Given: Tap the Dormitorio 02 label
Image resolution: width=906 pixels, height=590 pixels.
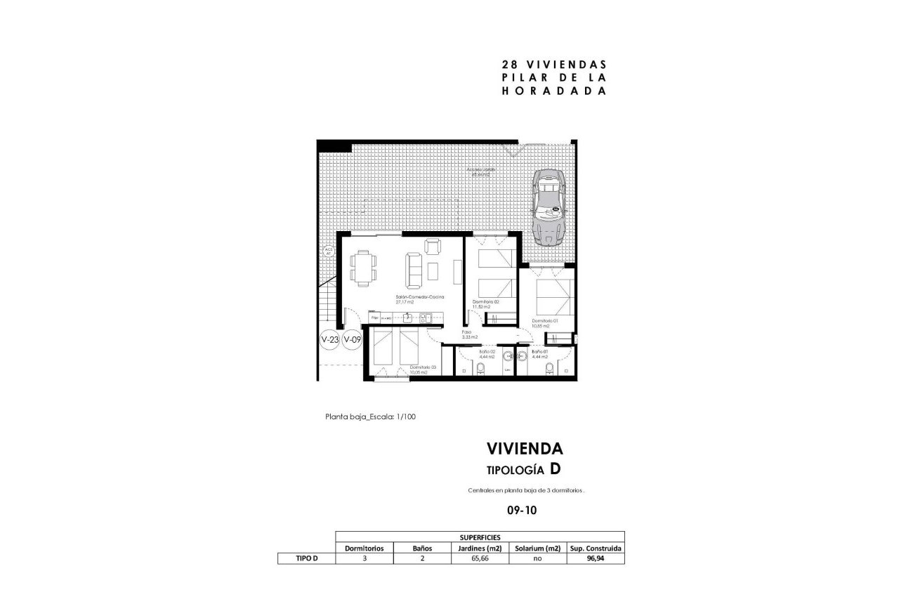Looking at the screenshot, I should [x=485, y=304].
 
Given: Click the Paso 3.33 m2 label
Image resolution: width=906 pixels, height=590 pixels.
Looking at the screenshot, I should [x=468, y=336].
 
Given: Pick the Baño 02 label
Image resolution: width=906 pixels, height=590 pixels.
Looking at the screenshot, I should [x=487, y=353].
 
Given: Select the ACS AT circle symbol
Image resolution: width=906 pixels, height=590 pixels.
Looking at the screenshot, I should [x=328, y=252].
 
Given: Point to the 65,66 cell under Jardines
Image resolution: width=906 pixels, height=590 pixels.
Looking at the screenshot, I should [x=479, y=559].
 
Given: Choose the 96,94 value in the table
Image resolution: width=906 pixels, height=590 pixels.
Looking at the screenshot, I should [x=595, y=559].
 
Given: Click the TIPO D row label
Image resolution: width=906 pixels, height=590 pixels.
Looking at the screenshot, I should [x=306, y=559].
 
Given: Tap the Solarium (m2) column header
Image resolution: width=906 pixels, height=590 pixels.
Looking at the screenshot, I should [x=537, y=548].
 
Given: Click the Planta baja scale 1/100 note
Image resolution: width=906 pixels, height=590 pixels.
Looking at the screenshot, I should [x=371, y=417].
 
